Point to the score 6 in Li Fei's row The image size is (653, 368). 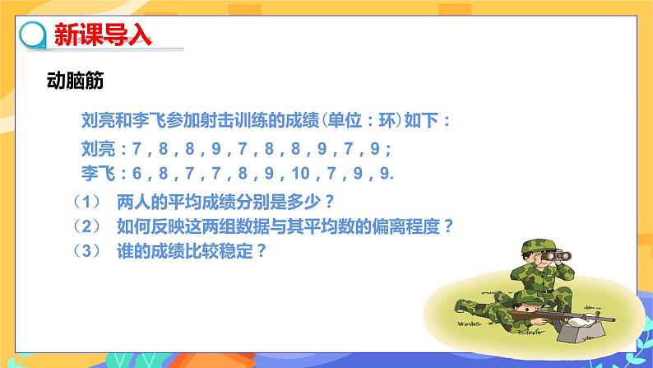tap(135, 173)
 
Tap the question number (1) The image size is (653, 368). tap(86, 201)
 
